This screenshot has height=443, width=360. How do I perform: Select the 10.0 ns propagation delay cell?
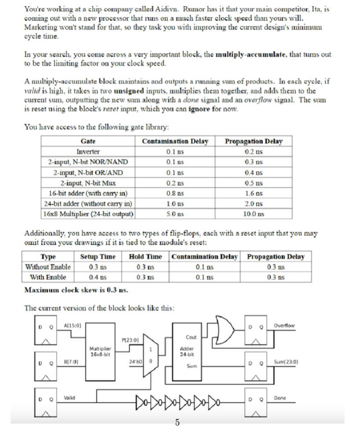(254, 214)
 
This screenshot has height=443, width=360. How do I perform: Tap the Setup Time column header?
(98, 257)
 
